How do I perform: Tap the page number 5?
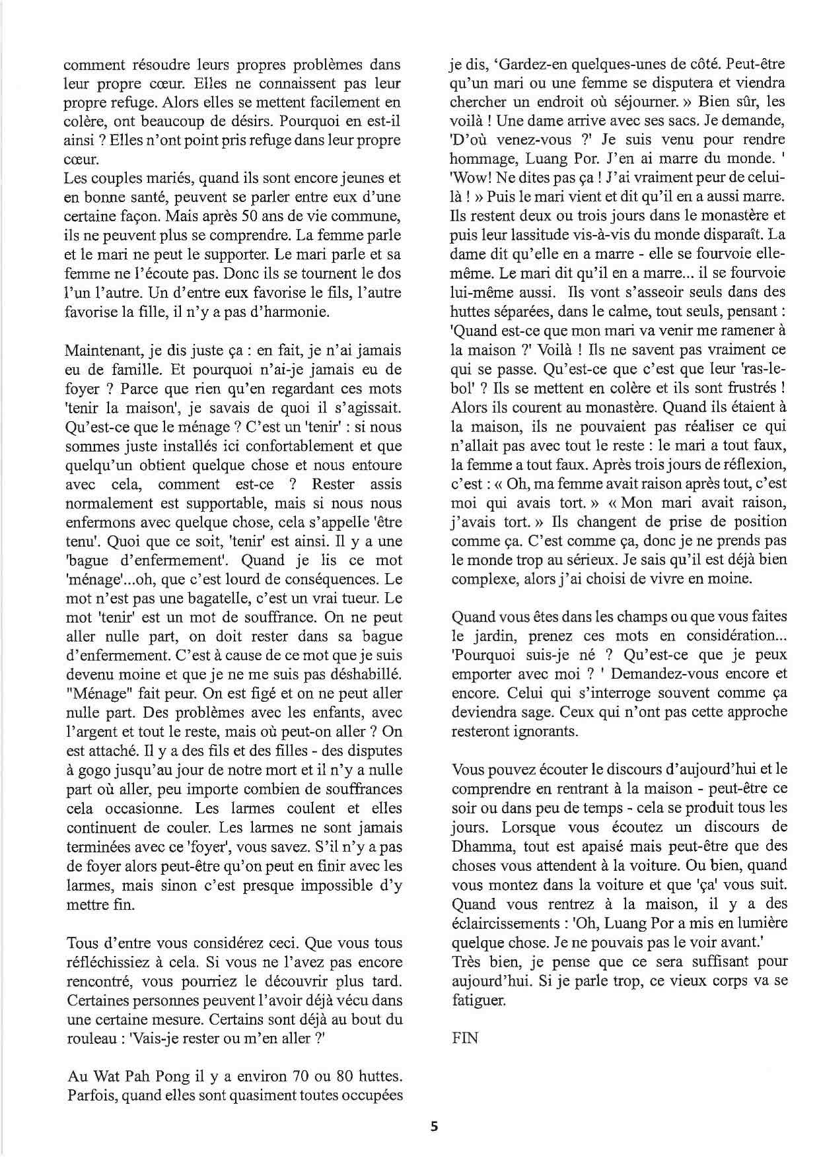coord(434,1127)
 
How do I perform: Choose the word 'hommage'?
coord(481,159)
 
